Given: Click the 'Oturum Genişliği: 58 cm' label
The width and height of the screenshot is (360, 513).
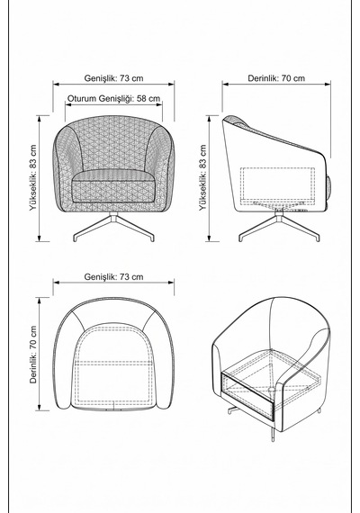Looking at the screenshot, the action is pyautogui.click(x=113, y=98).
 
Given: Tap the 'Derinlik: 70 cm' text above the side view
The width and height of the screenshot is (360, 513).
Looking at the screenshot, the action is pyautogui.click(x=276, y=78).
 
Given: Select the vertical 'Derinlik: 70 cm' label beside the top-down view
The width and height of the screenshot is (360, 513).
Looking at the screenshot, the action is pyautogui.click(x=33, y=355).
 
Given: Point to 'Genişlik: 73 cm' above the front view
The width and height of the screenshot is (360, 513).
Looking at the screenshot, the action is pyautogui.click(x=113, y=78).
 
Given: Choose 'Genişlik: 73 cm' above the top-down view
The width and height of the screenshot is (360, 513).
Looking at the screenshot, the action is pyautogui.click(x=113, y=277).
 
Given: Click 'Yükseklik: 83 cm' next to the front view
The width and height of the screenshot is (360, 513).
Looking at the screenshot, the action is pyautogui.click(x=33, y=177).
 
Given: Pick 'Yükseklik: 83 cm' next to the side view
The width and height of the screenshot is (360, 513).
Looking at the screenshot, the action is pyautogui.click(x=203, y=177).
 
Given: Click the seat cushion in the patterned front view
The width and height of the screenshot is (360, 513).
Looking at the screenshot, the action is pyautogui.click(x=113, y=185).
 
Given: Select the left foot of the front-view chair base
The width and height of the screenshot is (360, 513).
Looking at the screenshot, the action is pyautogui.click(x=76, y=238).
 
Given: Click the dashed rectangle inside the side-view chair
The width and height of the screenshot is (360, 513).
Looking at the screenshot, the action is pyautogui.click(x=277, y=184).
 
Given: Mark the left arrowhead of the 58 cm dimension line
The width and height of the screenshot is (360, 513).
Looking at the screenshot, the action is pyautogui.click(x=67, y=104).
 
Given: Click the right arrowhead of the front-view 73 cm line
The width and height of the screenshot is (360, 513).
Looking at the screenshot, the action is pyautogui.click(x=172, y=84).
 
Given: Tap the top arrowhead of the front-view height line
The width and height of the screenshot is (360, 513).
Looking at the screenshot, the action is pyautogui.click(x=40, y=118).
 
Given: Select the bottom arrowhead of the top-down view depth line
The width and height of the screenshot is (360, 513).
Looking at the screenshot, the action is pyautogui.click(x=40, y=408).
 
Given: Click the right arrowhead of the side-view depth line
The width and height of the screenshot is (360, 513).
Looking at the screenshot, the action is pyautogui.click(x=328, y=84).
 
